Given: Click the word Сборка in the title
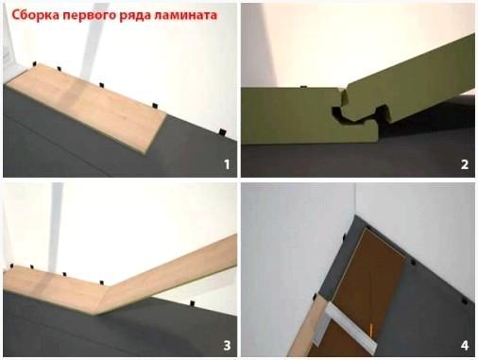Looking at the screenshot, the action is tap(36, 15).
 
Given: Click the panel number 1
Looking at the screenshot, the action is tap(227, 164).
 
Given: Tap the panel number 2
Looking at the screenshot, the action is tap(465, 164).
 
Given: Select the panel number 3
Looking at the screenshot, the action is tap(227, 346).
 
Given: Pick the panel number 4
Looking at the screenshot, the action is tap(465, 346).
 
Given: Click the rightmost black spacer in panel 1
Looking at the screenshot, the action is tap(223, 132).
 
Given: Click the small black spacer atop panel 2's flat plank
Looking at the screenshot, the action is tap(304, 86).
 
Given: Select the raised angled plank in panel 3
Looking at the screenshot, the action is tap(167, 274).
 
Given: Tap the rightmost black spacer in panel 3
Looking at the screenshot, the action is tap(192, 303).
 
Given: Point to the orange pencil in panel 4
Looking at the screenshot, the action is tap(371, 330).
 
